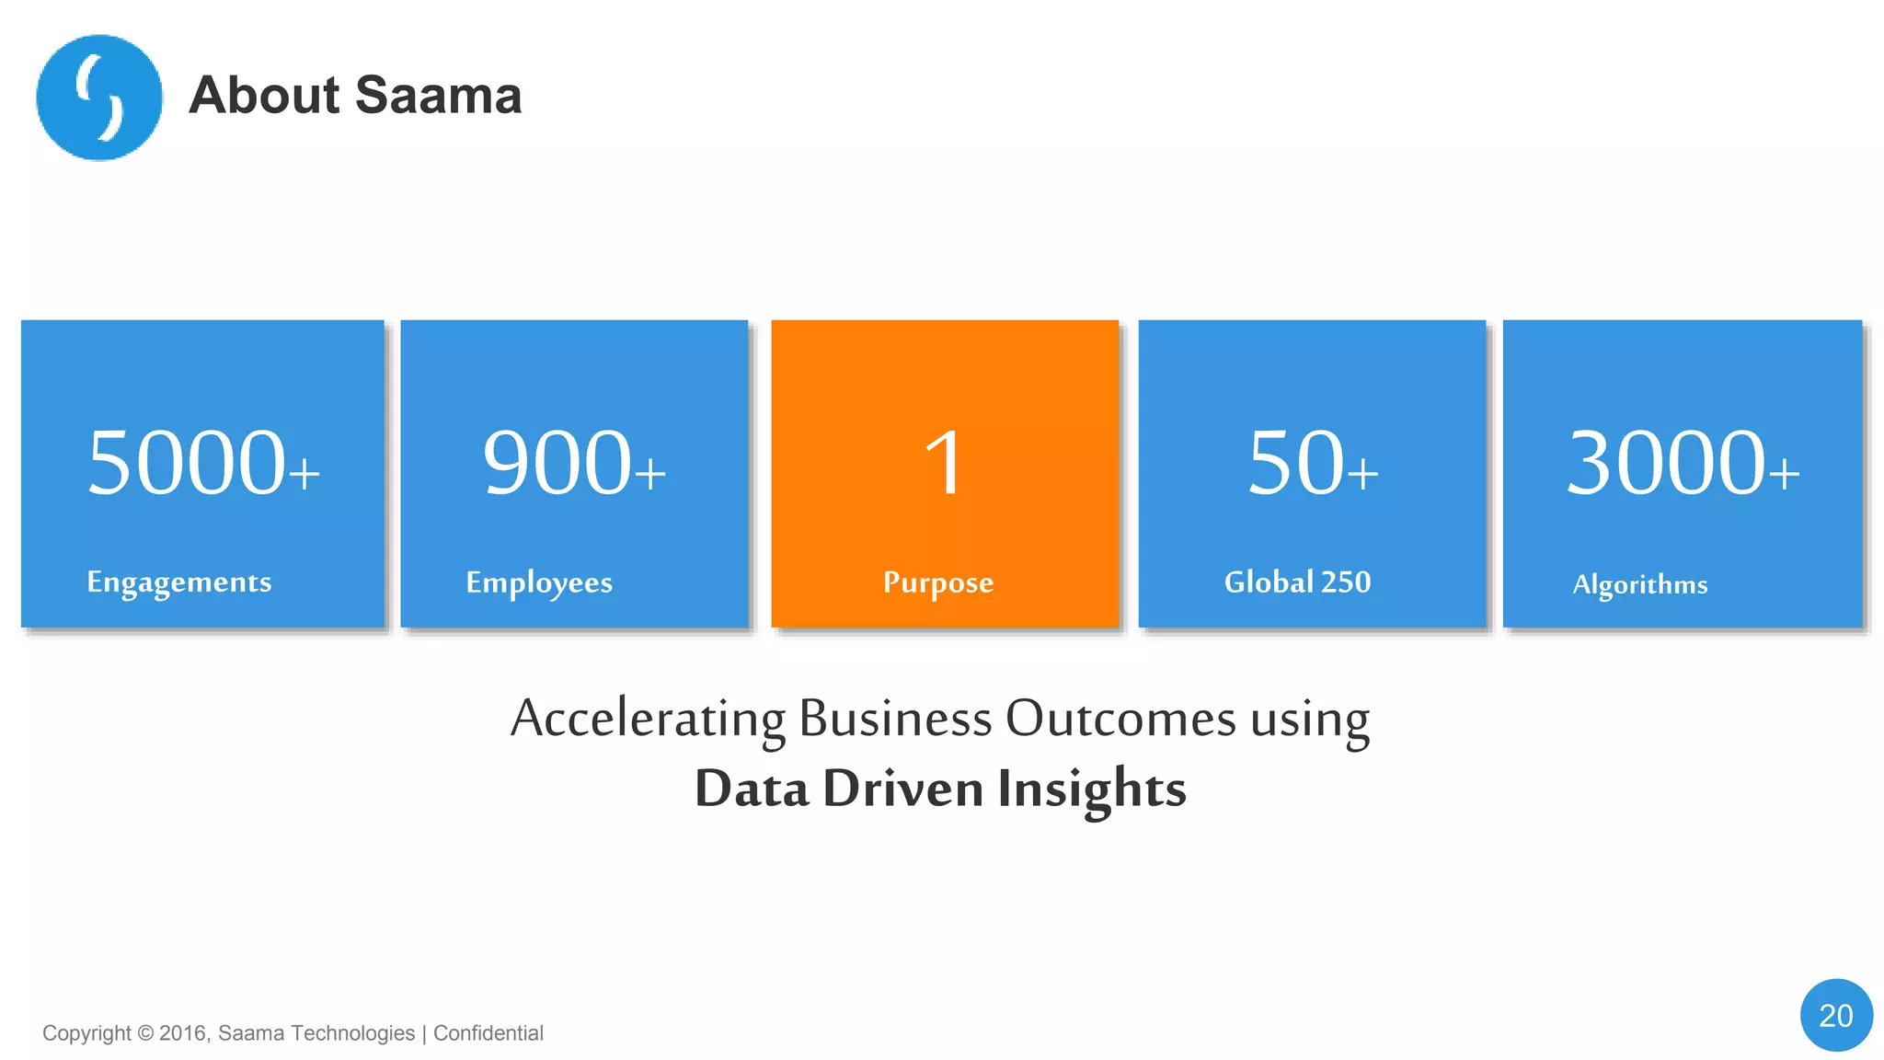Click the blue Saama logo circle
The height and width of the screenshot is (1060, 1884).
99,98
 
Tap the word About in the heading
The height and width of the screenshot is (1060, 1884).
265,96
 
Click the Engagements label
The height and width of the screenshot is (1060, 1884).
179,582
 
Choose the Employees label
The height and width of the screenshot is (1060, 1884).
539,583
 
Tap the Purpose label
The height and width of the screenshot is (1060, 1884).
938,583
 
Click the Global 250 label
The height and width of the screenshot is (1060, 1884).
1297,582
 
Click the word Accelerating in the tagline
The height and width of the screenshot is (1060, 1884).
649,720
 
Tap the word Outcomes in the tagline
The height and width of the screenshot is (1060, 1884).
1120,718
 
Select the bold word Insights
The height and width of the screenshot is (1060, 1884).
1092,789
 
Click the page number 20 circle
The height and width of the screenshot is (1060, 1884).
1836,1015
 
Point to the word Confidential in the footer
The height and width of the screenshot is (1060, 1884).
488,1033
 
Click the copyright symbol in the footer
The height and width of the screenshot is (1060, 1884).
145,1033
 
